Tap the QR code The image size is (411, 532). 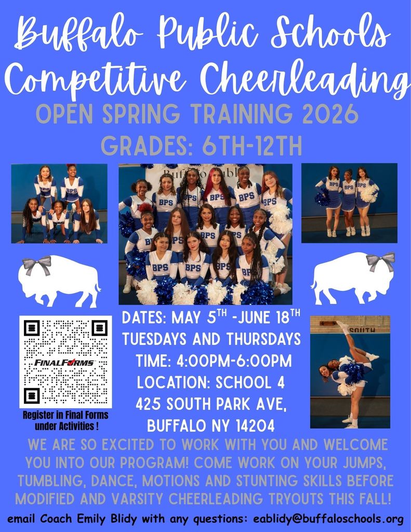pyautogui.click(x=65, y=362)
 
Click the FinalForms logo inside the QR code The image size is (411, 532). pyautogui.click(x=65, y=362)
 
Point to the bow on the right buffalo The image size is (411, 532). pyautogui.click(x=380, y=261)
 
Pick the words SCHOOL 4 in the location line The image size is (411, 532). pyautogui.click(x=249, y=382)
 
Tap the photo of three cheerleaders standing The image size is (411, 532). pyautogui.click(x=349, y=203)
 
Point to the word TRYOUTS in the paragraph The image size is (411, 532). pyautogui.click(x=293, y=499)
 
